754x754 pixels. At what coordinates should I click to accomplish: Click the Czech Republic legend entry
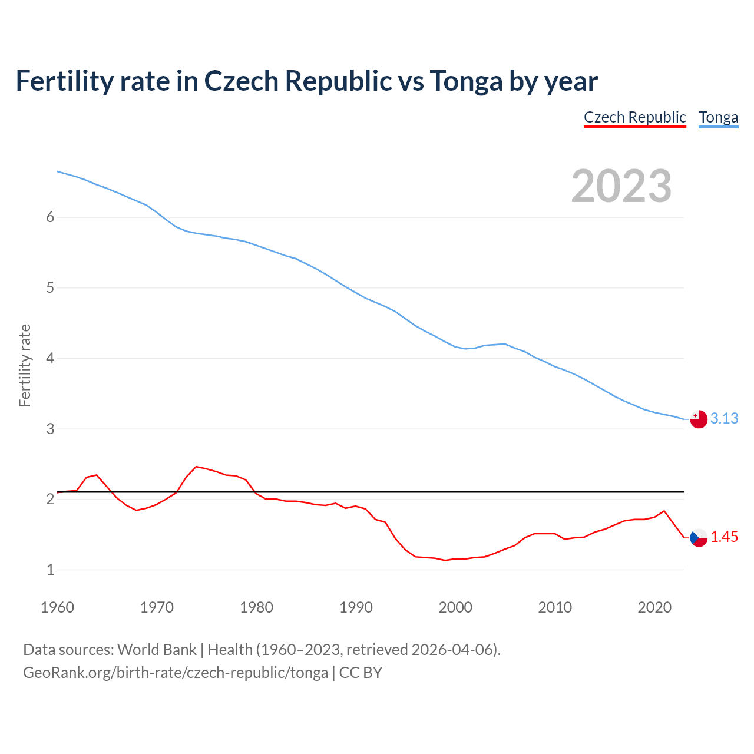click(634, 117)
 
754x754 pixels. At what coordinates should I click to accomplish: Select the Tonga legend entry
click(718, 117)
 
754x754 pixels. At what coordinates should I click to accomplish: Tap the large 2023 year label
click(621, 186)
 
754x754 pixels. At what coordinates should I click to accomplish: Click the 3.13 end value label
click(724, 418)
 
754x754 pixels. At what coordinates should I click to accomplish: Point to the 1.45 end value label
click(724, 537)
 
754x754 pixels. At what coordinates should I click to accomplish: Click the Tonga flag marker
click(699, 419)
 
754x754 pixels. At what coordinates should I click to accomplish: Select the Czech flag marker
click(699, 537)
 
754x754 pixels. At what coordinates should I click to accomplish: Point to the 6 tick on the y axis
click(50, 217)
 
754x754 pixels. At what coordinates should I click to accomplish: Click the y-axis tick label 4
click(50, 358)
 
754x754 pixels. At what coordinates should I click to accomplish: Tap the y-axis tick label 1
click(50, 570)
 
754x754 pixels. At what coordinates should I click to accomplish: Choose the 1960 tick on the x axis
click(57, 607)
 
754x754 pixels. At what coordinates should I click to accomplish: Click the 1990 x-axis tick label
click(356, 607)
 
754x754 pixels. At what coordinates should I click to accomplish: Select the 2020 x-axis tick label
click(654, 607)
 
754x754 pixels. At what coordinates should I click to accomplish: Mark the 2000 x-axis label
click(455, 607)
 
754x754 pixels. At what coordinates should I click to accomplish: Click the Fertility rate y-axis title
click(25, 365)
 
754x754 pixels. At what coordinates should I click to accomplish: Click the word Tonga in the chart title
click(466, 81)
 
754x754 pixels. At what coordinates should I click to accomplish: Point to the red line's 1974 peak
click(196, 466)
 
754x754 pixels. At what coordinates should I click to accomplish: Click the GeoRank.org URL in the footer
click(176, 672)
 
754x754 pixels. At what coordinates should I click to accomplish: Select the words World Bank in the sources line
click(157, 649)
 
